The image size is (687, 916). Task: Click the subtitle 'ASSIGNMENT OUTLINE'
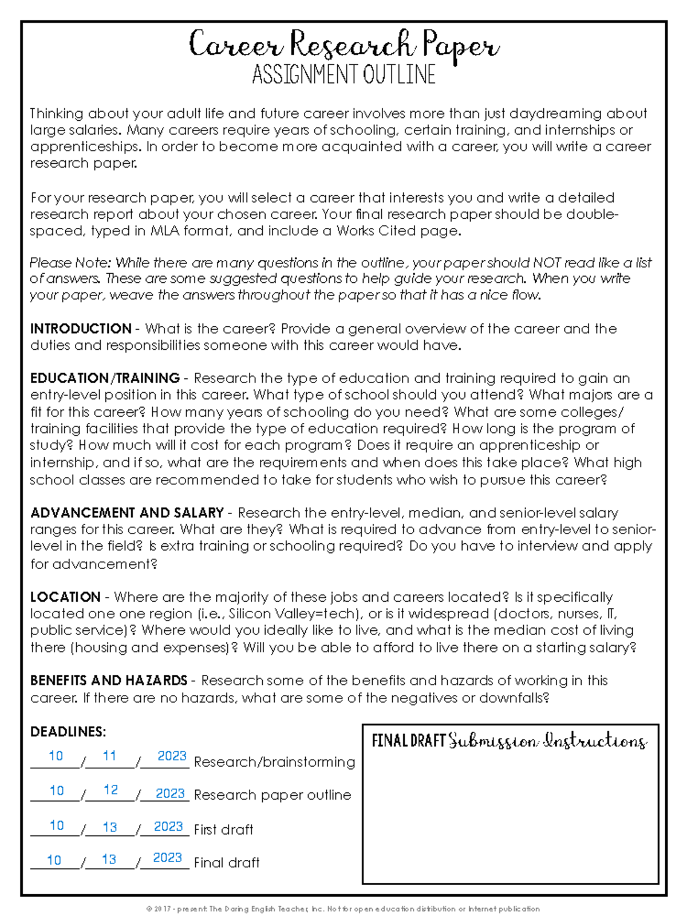point(343,75)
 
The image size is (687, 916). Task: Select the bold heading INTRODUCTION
point(81,329)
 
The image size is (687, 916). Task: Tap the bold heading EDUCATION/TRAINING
point(105,378)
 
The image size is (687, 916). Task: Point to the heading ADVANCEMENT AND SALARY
point(127,512)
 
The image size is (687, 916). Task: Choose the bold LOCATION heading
point(65,597)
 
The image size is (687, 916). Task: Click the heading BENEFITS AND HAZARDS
point(109,680)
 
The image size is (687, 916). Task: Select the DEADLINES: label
point(68,732)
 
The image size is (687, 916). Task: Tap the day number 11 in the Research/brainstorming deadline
point(109,756)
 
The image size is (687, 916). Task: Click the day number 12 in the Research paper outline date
point(110,790)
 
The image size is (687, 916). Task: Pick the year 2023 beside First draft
point(168,827)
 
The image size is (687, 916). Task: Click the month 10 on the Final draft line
point(54,860)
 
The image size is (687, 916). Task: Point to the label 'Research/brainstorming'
point(274,762)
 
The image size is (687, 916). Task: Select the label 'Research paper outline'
point(273,795)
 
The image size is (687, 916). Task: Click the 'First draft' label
point(223,830)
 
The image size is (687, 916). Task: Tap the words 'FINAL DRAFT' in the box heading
point(408,741)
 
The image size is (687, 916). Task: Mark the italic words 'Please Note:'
point(70,263)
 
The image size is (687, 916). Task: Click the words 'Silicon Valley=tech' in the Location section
point(292,614)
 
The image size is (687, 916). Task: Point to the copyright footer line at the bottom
point(343,909)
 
